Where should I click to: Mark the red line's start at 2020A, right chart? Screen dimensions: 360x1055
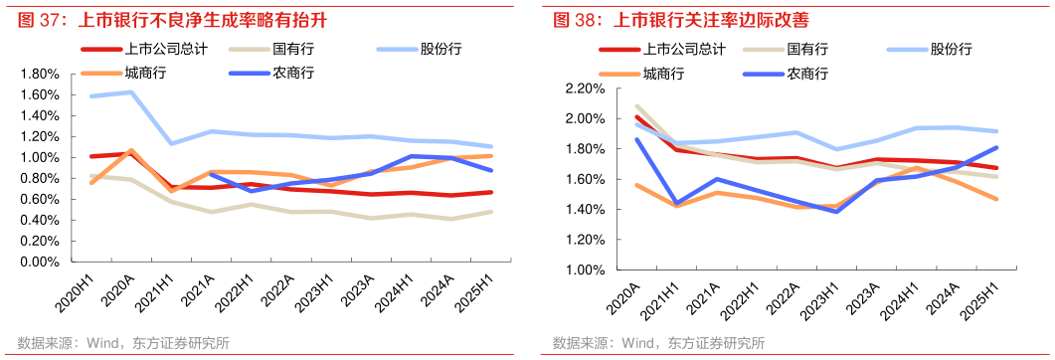(x=635, y=117)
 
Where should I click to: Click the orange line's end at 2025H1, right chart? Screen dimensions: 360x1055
(x=996, y=199)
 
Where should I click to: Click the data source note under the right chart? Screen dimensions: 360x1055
(x=658, y=344)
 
